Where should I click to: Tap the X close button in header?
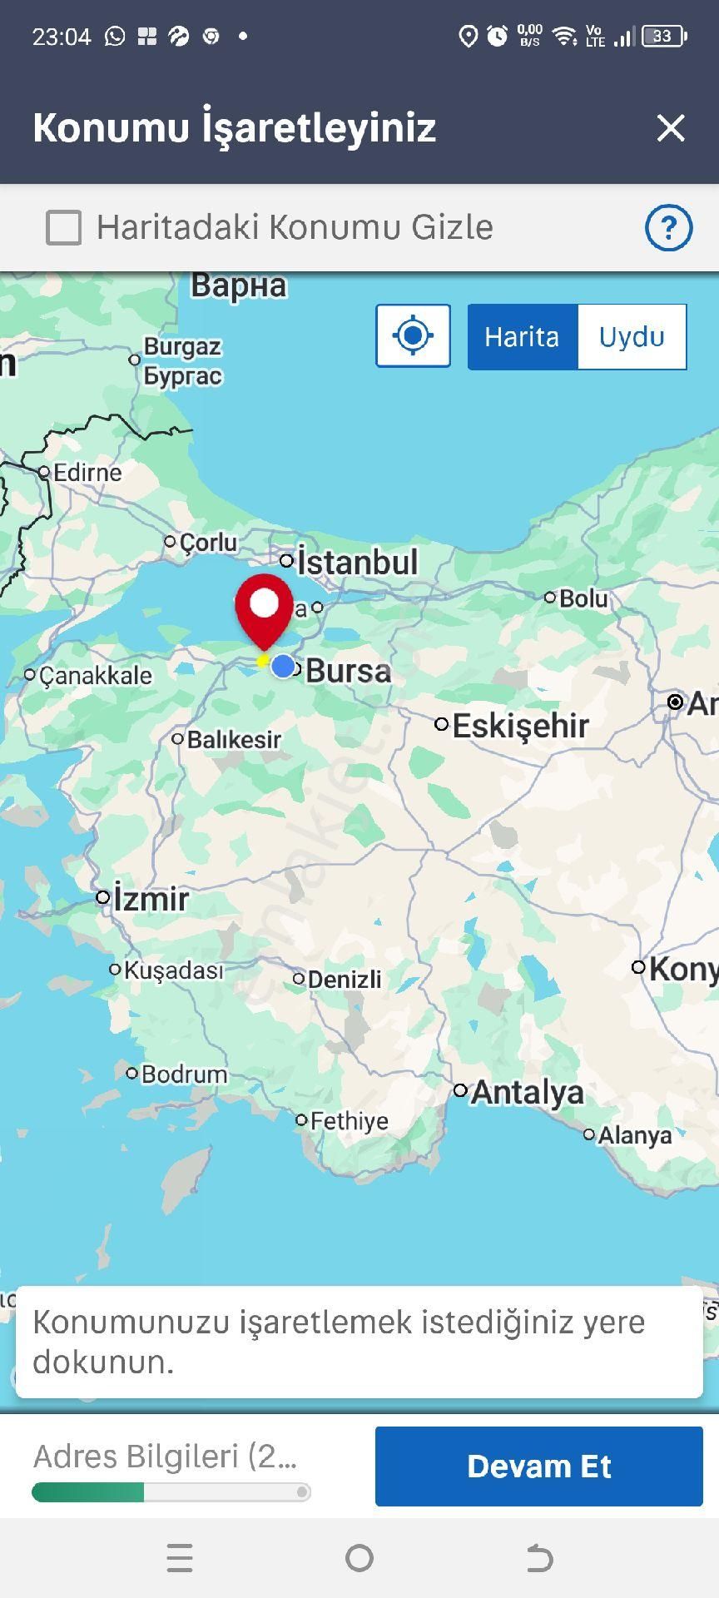click(x=670, y=128)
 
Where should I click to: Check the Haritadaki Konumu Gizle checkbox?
click(x=64, y=227)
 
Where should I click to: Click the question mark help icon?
click(x=668, y=227)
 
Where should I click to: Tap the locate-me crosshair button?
click(x=413, y=336)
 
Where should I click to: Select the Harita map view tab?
click(x=522, y=337)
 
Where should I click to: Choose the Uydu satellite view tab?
click(x=632, y=337)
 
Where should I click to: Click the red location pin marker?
click(x=264, y=607)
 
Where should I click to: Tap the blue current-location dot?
click(x=283, y=667)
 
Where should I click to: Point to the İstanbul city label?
click(x=357, y=562)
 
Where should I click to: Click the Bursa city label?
click(x=348, y=671)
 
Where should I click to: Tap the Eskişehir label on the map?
click(x=520, y=726)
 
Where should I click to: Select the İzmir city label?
click(x=151, y=899)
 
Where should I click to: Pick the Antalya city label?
click(x=527, y=1092)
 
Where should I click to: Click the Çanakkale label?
click(x=96, y=675)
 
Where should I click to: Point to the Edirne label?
click(x=87, y=473)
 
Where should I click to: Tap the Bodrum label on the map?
click(x=184, y=1074)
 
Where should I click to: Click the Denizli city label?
click(x=345, y=980)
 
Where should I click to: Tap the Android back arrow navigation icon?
click(x=539, y=1558)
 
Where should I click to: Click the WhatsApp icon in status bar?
click(x=115, y=36)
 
